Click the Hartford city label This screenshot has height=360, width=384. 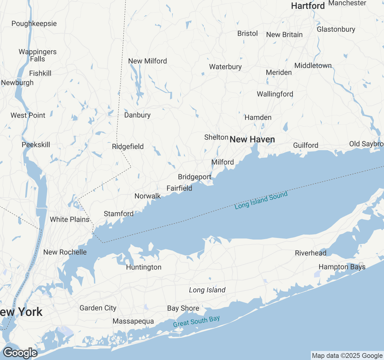(308, 6)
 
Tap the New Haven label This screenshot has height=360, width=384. (252, 139)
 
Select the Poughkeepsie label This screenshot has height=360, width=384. (34, 24)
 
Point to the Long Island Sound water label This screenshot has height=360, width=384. (261, 200)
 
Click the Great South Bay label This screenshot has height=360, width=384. (196, 321)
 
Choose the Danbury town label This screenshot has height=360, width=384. (137, 115)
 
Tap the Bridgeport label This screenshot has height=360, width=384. (194, 177)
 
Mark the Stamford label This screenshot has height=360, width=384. (118, 214)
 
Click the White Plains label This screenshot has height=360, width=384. (70, 220)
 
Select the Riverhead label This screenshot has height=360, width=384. (310, 253)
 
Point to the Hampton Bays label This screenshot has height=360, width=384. (342, 267)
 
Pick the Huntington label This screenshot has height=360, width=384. (143, 267)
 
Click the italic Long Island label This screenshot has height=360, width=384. (207, 290)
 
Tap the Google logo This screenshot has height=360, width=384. (20, 353)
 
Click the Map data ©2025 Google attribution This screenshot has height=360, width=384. (347, 356)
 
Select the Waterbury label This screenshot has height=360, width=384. (225, 67)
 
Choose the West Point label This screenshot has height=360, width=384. (28, 115)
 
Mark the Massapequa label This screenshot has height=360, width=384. (133, 321)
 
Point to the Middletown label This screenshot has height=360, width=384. (313, 66)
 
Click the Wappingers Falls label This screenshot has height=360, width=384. (37, 55)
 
